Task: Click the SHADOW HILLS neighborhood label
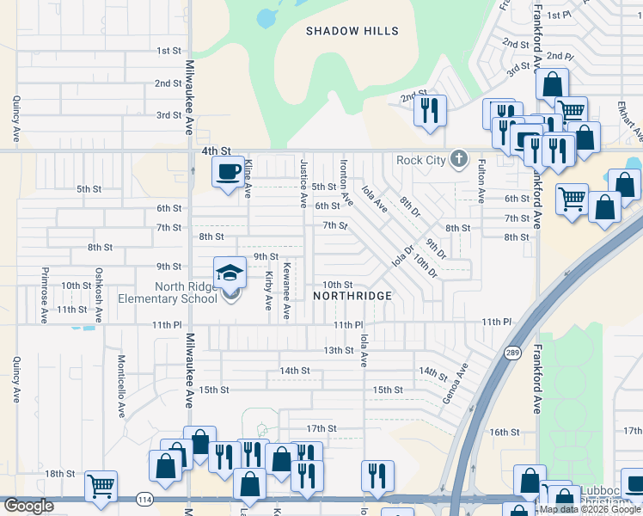[x=352, y=31]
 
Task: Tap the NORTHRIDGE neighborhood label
[x=352, y=296]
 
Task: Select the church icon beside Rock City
[x=459, y=158]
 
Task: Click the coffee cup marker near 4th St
[x=229, y=172]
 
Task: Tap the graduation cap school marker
[x=230, y=273]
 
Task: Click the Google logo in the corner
[x=28, y=506]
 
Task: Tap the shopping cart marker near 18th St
[x=101, y=486]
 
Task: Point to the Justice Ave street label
[x=303, y=182]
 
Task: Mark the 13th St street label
[x=339, y=350]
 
